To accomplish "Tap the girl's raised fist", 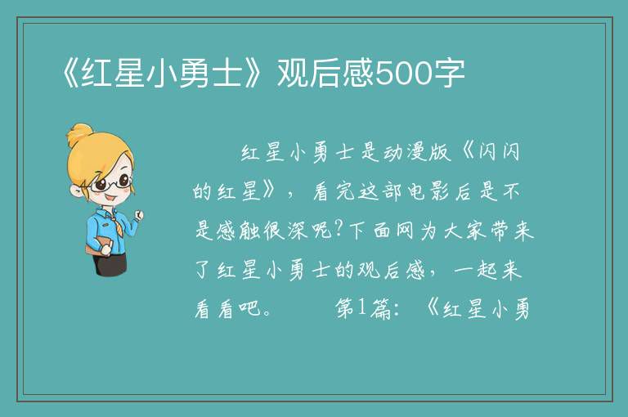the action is pos(139,216).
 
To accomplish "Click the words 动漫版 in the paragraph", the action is pos(417,153).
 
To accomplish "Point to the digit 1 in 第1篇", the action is pos(361,308).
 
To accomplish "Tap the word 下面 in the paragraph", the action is pos(371,231).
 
